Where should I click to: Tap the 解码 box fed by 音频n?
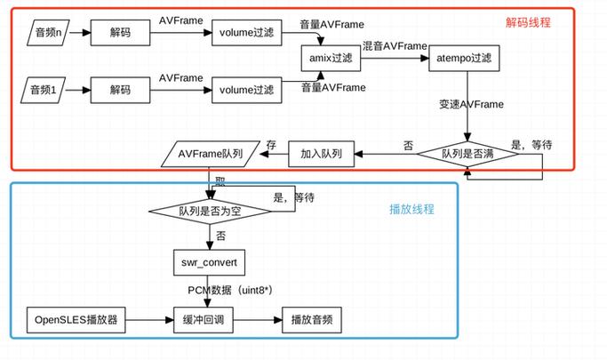pos(120,35)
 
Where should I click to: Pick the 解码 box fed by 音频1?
pos(120,89)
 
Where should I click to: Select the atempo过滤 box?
pos(465,59)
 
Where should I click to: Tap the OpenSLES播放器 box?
pos(75,319)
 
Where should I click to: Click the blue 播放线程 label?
pos(411,209)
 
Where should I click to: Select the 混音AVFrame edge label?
pos(394,45)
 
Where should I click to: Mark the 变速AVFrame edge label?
pos(471,104)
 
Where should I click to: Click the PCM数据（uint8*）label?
pos(230,291)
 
